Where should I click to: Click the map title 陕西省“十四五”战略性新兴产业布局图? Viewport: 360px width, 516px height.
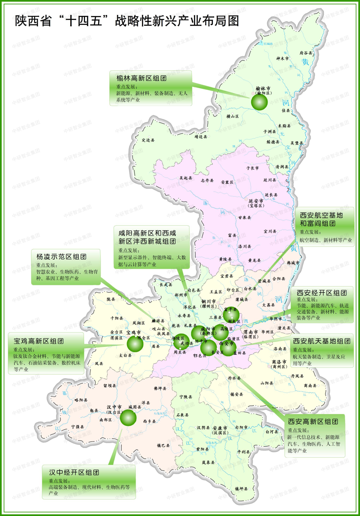pyautogui.click(x=127, y=21)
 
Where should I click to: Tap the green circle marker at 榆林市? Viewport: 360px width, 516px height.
pyautogui.click(x=259, y=102)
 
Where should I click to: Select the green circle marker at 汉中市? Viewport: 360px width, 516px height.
pyautogui.click(x=128, y=417)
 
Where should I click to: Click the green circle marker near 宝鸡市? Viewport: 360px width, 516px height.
pyautogui.click(x=135, y=343)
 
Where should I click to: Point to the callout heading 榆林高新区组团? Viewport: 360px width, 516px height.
pyautogui.click(x=141, y=78)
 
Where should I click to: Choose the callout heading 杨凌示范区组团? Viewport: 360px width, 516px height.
pyautogui.click(x=61, y=257)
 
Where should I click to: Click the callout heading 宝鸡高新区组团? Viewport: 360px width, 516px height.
pyautogui.click(x=39, y=341)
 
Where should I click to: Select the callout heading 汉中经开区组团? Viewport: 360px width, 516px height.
pyautogui.click(x=74, y=472)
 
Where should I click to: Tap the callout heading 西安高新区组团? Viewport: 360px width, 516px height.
pyautogui.click(x=313, y=422)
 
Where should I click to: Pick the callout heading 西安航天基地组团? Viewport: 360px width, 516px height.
pyautogui.click(x=322, y=341)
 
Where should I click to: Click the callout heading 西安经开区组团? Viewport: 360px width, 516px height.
pyautogui.click(x=322, y=293)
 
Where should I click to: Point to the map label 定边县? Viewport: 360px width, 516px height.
pyautogui.click(x=148, y=140)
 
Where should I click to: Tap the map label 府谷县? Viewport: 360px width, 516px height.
pyautogui.click(x=306, y=53)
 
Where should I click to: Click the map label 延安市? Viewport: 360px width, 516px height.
pyautogui.click(x=256, y=201)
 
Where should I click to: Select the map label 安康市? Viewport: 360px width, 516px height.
pyautogui.click(x=220, y=428)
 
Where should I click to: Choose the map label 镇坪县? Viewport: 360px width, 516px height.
pyautogui.click(x=241, y=489)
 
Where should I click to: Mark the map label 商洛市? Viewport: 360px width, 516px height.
pyautogui.click(x=279, y=362)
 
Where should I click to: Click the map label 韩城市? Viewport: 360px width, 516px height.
pyautogui.click(x=293, y=263)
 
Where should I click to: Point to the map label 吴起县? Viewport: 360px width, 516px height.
pyautogui.click(x=186, y=178)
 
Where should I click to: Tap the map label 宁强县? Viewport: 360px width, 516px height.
pyautogui.click(x=78, y=427)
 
